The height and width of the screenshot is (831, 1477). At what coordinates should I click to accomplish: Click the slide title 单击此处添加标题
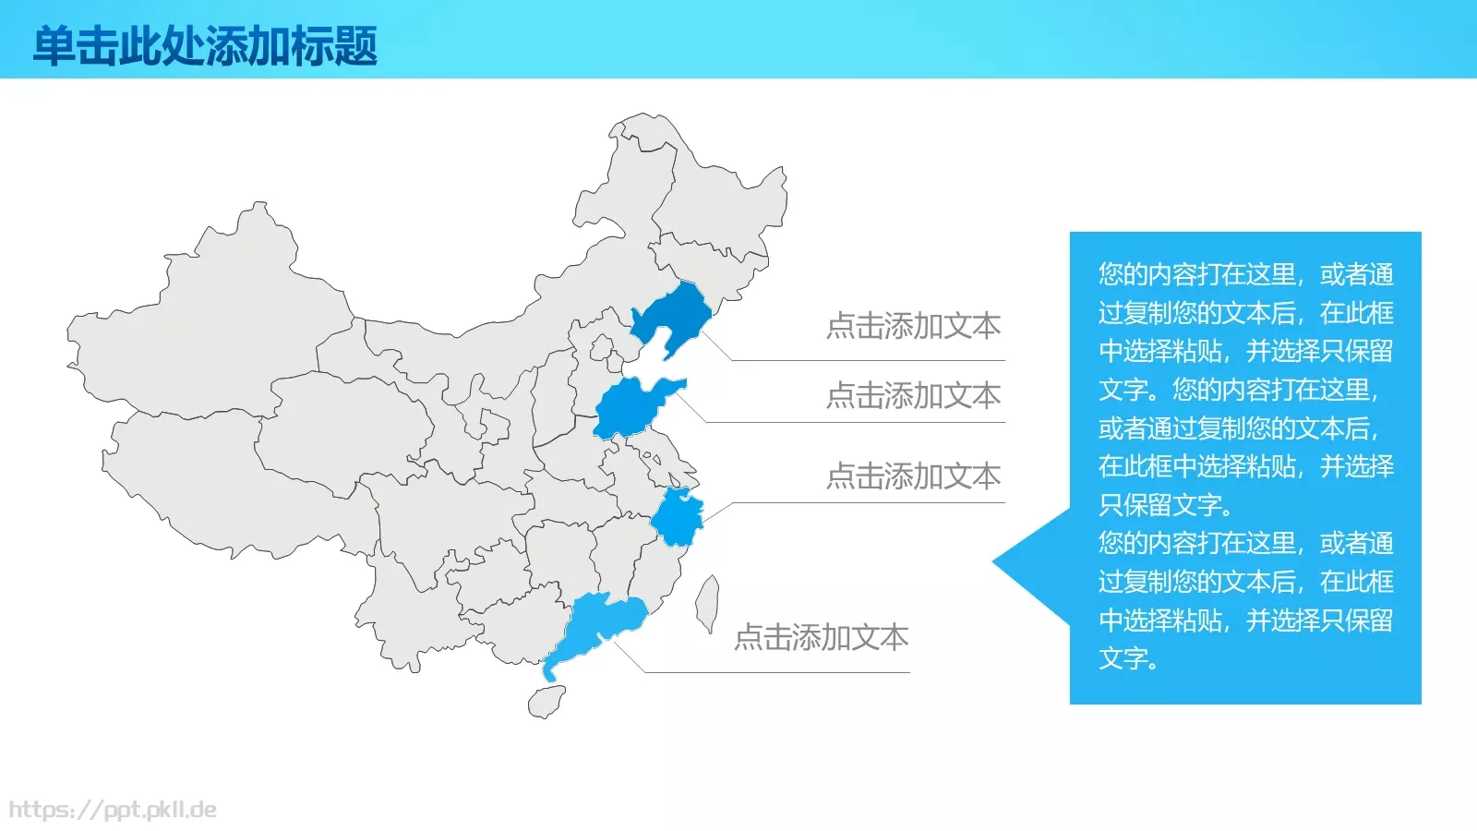tap(205, 46)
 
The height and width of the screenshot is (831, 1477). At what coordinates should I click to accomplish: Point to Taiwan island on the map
tap(707, 603)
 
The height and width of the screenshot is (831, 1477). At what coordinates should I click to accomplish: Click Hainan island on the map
tap(546, 703)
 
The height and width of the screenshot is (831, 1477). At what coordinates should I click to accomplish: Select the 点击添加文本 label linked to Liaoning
tap(913, 326)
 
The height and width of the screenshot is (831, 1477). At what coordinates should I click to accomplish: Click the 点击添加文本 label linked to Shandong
tap(913, 396)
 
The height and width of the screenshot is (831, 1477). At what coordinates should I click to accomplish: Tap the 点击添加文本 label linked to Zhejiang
tap(913, 476)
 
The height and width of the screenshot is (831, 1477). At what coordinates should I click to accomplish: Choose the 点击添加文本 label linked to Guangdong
tap(821, 637)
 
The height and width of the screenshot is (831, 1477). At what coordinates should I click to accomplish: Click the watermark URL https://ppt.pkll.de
tap(113, 811)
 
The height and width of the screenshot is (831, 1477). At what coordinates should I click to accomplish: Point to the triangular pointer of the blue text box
tap(1025, 560)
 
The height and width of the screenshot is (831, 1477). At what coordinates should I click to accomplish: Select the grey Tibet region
tap(231, 480)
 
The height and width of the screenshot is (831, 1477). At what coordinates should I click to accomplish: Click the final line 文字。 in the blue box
tap(1128, 658)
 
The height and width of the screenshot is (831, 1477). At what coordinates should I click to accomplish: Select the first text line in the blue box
tap(1245, 274)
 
